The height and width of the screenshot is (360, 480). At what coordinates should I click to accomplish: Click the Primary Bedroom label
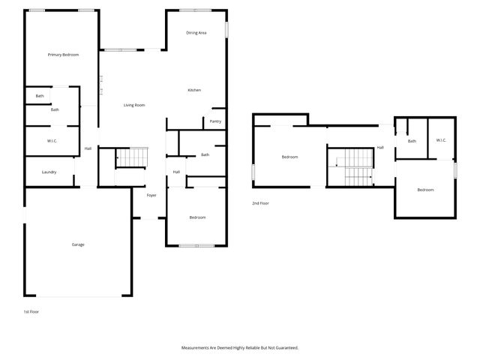(x=63, y=55)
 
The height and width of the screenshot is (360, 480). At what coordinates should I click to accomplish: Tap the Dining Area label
(x=196, y=33)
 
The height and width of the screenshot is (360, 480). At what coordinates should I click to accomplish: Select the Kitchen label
(x=194, y=91)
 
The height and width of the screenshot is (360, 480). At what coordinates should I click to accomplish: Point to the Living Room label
(x=134, y=105)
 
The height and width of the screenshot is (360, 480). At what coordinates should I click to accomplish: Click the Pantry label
(x=215, y=121)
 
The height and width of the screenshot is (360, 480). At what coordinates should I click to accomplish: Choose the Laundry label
(x=49, y=172)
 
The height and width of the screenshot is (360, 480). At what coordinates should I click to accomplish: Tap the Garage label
(x=78, y=244)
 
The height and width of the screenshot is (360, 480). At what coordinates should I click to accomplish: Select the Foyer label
(x=151, y=195)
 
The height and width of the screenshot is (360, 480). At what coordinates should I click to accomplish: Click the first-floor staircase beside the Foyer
(x=132, y=158)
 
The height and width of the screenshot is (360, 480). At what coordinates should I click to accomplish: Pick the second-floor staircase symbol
(x=349, y=166)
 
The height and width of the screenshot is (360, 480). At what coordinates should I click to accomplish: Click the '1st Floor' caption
(x=31, y=310)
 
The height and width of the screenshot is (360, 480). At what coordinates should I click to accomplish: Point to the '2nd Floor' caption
(x=260, y=203)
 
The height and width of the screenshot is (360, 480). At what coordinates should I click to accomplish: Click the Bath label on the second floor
(x=412, y=141)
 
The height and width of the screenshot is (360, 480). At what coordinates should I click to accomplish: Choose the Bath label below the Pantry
(x=205, y=155)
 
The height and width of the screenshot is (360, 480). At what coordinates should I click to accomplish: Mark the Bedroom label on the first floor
(x=197, y=217)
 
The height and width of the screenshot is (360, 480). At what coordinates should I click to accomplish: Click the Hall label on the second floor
(x=380, y=148)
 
